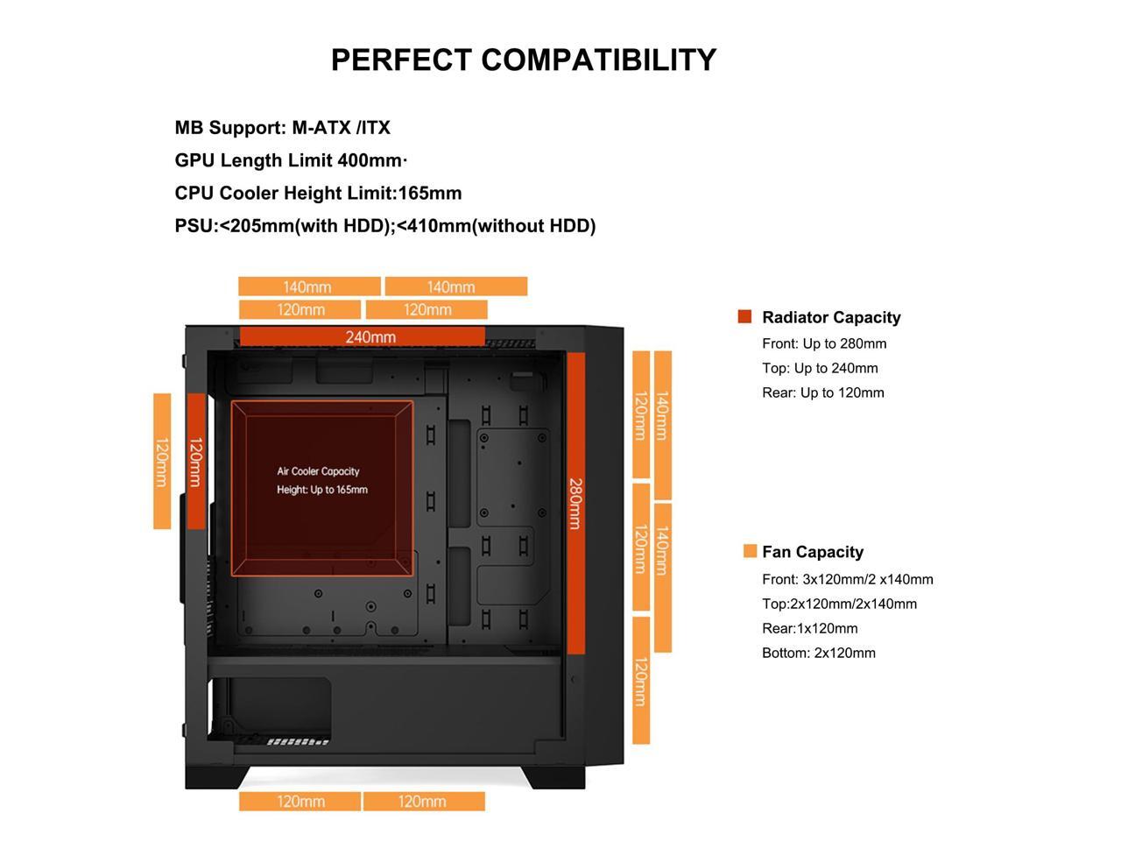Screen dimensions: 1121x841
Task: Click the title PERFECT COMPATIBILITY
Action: pos(524,60)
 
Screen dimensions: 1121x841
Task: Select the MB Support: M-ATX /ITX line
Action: pos(282,128)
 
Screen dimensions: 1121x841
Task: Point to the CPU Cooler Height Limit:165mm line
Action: pos(318,193)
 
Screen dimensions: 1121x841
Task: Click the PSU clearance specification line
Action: pos(385,226)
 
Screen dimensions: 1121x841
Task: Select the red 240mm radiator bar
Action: pos(362,337)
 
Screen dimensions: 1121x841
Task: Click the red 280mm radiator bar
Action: pos(575,503)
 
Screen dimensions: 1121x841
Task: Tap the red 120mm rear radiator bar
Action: pos(196,462)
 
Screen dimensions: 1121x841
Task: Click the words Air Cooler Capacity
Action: pos(318,471)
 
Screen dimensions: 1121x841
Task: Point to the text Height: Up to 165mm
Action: pos(322,490)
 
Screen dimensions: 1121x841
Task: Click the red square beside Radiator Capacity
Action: pos(745,317)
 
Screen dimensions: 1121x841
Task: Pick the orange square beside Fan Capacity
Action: pos(750,551)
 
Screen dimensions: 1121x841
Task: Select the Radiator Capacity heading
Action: pos(831,318)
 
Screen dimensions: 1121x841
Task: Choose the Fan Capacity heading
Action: pos(813,552)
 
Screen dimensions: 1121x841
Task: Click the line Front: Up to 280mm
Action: pos(824,343)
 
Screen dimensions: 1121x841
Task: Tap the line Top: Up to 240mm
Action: pos(820,368)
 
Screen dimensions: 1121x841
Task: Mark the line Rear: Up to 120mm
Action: pos(823,392)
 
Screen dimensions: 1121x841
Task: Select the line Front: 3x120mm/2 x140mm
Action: pos(848,579)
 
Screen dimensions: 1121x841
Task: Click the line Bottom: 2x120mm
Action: pos(819,653)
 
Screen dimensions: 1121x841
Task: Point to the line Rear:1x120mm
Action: pos(810,628)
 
